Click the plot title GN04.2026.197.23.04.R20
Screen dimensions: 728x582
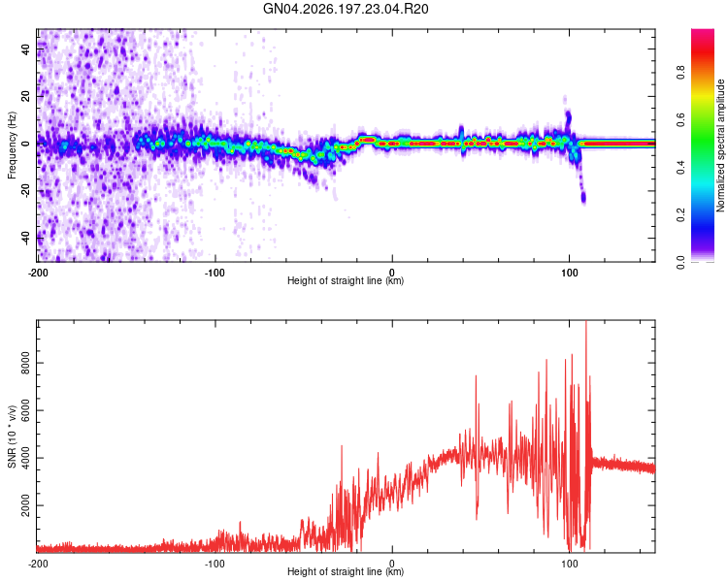346,9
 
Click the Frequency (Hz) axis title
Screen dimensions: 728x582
12,145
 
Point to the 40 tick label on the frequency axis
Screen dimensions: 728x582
26,48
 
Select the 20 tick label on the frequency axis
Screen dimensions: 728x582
26,96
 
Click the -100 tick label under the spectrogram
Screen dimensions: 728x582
215,273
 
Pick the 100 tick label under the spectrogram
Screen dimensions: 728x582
569,273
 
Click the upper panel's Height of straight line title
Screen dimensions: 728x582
346,280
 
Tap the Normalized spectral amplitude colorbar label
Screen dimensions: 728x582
720,145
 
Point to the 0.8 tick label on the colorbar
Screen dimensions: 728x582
680,73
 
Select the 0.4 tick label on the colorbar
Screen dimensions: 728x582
680,168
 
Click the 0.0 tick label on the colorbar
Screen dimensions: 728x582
680,263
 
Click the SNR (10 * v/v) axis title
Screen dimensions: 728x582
12,436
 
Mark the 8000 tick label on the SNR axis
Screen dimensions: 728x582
26,363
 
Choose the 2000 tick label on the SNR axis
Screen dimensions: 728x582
26,505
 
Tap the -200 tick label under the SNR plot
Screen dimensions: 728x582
38,564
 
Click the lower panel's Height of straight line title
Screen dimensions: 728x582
346,571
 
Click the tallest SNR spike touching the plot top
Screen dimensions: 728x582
586,322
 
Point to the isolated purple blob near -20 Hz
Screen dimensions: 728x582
583,197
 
